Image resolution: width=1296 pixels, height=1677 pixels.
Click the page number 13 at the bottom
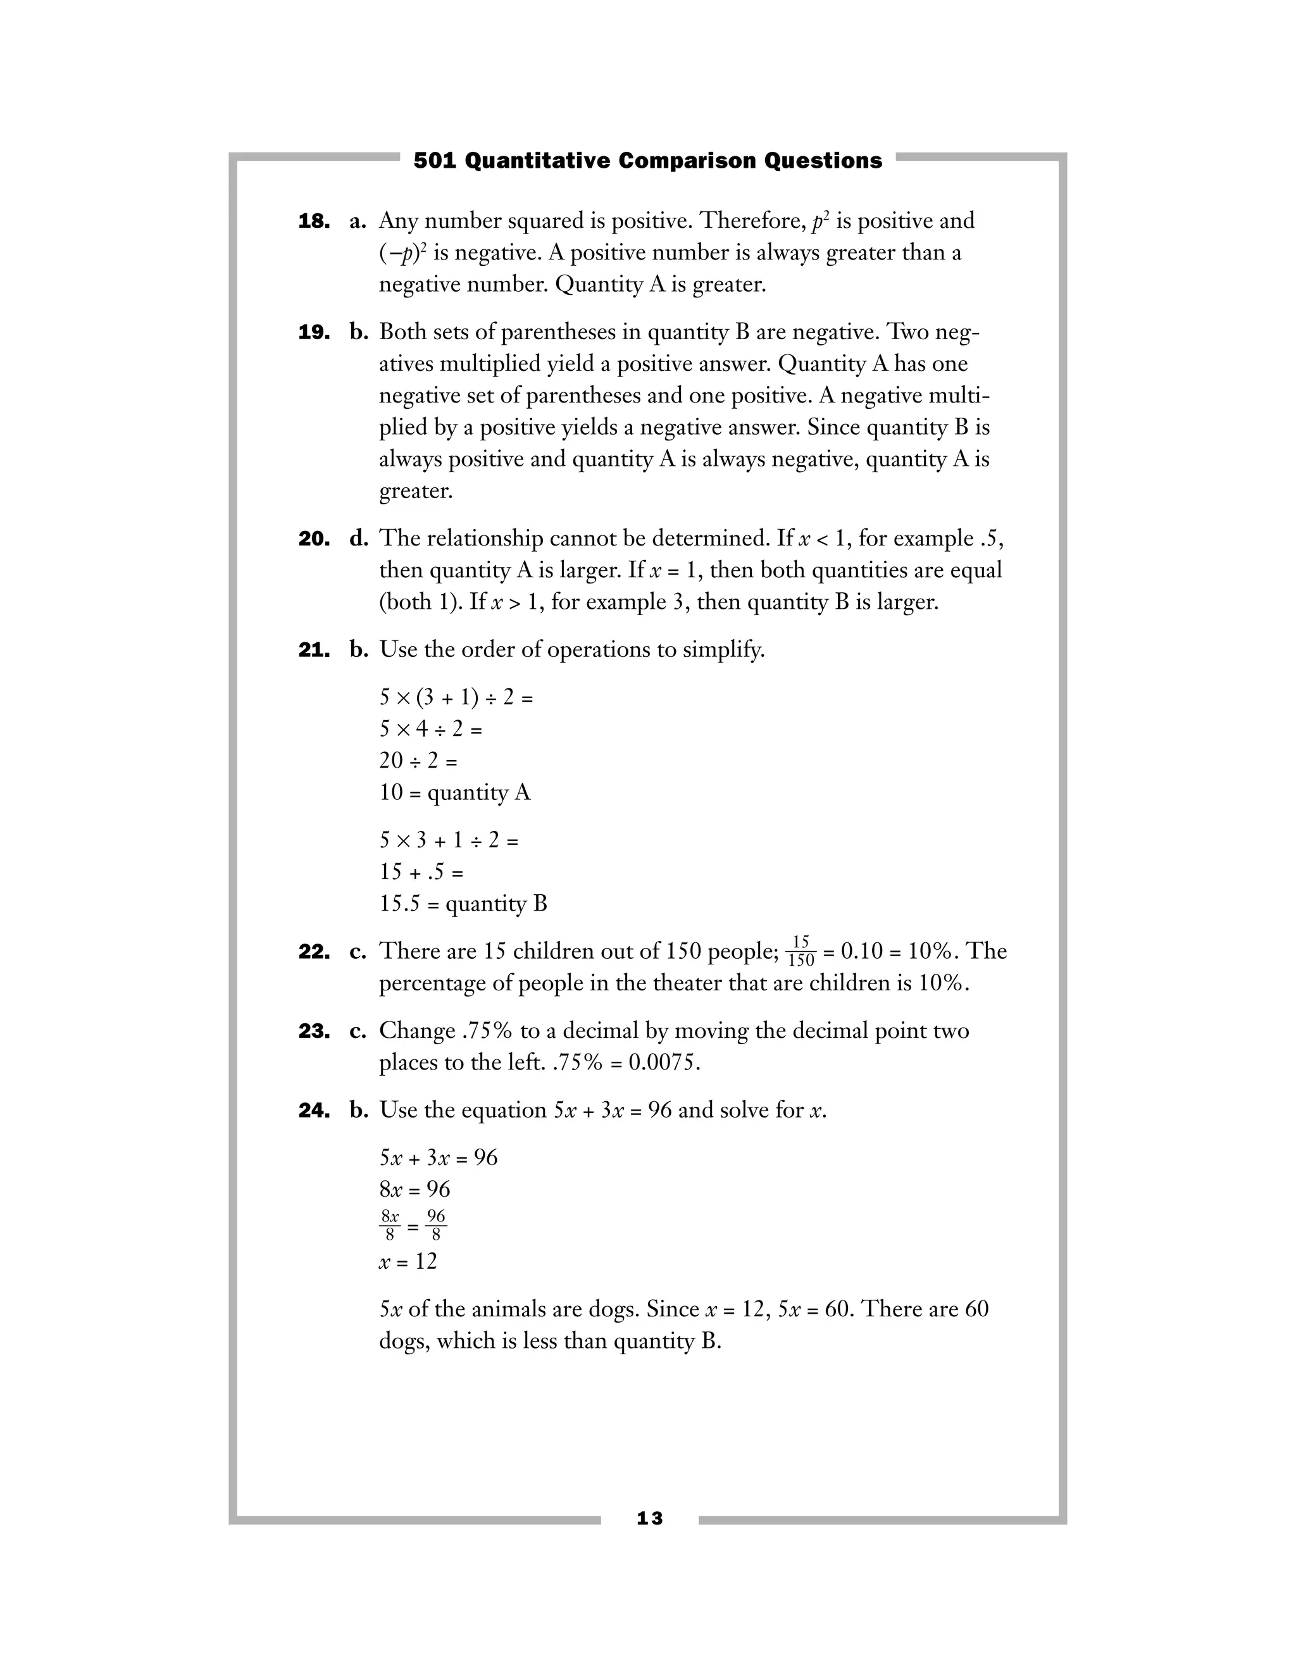[x=649, y=1518]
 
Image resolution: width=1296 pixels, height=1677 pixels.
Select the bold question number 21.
[x=313, y=651]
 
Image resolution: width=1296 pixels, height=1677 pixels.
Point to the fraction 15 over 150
[x=801, y=951]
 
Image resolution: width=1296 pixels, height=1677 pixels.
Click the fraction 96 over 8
[x=436, y=1226]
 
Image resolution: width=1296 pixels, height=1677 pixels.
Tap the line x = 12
[x=408, y=1262]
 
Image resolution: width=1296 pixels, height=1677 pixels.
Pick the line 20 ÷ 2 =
[x=418, y=760]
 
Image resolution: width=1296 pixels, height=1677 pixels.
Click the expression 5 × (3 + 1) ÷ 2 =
[x=456, y=697]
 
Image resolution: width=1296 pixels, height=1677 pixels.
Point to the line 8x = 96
[x=414, y=1190]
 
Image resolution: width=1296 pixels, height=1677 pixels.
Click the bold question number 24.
[x=313, y=1111]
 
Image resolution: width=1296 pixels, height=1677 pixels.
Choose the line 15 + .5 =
[x=421, y=871]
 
